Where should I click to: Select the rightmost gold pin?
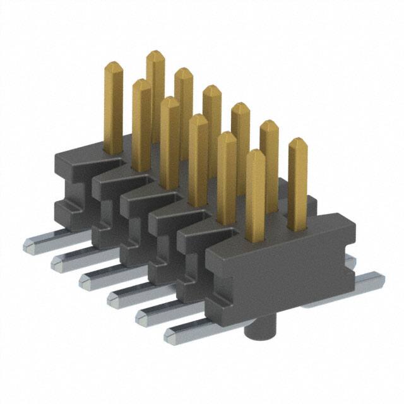297,183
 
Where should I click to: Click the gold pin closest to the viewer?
255,196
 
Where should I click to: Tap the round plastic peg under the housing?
259,331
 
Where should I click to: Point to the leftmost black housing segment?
73,183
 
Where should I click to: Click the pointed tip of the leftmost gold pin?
113,65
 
